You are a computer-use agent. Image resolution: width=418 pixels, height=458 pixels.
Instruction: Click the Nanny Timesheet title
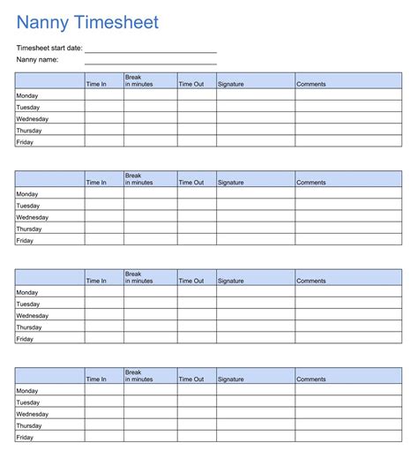tap(88, 21)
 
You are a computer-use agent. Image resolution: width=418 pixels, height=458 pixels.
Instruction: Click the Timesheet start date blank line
tap(151, 51)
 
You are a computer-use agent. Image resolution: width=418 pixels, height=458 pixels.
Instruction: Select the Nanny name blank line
tap(151, 63)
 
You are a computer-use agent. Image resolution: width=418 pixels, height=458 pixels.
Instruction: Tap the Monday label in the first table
tap(27, 95)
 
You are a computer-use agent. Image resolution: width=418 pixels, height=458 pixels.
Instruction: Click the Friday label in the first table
tap(25, 141)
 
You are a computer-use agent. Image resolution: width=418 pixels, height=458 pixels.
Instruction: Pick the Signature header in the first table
tap(231, 84)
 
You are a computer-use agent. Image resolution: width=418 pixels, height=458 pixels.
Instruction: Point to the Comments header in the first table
tap(311, 84)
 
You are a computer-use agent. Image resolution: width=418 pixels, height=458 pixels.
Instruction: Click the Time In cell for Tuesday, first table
tap(104, 107)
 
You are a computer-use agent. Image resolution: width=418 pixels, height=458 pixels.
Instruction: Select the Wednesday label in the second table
tap(32, 217)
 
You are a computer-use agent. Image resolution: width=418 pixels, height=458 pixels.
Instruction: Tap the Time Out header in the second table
tap(191, 183)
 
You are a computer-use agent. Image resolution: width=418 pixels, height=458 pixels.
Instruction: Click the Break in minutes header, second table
tap(139, 179)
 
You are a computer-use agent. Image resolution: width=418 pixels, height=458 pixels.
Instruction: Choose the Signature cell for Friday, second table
tap(256, 240)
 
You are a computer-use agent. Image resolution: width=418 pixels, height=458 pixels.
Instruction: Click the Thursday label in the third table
tap(29, 327)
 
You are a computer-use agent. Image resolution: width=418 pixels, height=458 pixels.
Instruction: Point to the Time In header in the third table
tap(96, 281)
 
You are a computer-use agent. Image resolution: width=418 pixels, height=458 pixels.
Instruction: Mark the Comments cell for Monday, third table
tap(348, 292)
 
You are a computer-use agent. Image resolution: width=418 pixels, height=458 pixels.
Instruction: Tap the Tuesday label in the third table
tap(28, 304)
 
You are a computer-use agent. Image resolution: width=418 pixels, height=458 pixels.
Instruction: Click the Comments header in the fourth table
tap(311, 379)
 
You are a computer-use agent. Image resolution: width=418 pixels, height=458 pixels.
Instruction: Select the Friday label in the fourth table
tap(25, 437)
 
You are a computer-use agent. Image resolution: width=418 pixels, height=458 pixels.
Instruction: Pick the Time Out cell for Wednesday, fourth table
tap(197, 414)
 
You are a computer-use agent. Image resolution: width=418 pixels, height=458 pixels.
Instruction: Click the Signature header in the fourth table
tap(231, 379)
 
